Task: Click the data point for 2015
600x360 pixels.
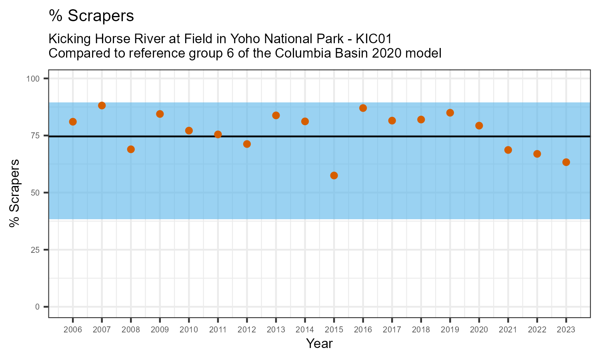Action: (x=334, y=176)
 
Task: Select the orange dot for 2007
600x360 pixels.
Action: (x=102, y=106)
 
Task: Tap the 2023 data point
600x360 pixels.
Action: (x=566, y=162)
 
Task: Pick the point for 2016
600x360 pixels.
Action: (x=363, y=108)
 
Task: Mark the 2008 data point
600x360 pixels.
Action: (x=131, y=149)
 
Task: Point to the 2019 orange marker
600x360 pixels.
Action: (x=450, y=113)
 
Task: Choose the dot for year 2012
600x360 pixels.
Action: (x=247, y=144)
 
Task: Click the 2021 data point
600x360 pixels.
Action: (x=508, y=150)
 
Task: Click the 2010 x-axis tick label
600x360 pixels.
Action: (x=189, y=330)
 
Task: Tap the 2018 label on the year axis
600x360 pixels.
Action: (x=421, y=330)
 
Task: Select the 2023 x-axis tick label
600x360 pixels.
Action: (x=566, y=330)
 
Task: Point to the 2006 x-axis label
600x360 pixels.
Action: (x=73, y=330)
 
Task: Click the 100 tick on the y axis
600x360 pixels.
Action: (x=34, y=79)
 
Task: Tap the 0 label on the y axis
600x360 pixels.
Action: (x=37, y=307)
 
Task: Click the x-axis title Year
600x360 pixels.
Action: (x=319, y=344)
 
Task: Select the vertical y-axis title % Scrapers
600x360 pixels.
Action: (x=15, y=193)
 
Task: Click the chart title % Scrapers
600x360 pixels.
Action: (x=91, y=16)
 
